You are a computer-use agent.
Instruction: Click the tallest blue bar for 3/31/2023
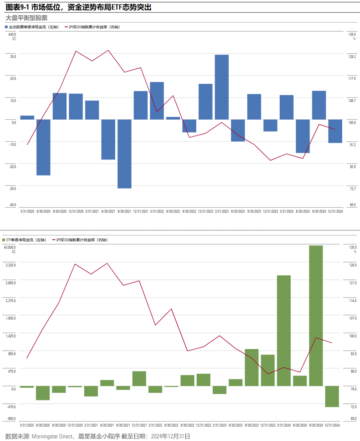click(222, 87)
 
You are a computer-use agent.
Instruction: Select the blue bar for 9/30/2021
click(125, 154)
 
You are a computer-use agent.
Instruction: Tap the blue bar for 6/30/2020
click(43, 147)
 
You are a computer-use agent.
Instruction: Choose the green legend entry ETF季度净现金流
click(26, 240)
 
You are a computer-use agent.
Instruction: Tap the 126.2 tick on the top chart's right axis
click(352, 57)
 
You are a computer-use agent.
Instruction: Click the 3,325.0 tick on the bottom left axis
click(10, 265)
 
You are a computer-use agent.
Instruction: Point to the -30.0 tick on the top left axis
click(13, 189)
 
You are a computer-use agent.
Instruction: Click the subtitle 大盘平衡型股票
click(27, 18)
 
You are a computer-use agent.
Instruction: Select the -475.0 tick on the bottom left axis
click(10, 407)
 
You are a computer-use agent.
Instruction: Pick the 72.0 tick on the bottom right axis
click(353, 407)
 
